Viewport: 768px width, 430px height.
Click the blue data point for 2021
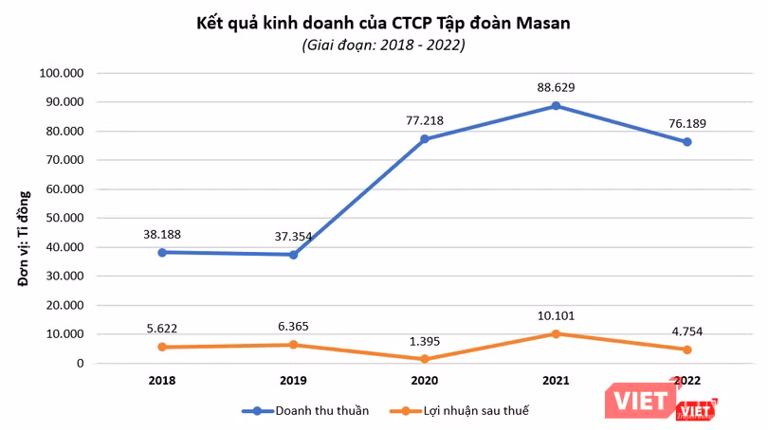coord(556,106)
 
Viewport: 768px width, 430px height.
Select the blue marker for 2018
coord(162,252)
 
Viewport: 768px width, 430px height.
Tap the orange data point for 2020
coord(425,359)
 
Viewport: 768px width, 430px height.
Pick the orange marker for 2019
coord(294,345)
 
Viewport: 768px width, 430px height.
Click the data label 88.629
coord(557,87)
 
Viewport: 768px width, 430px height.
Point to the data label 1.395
coord(425,340)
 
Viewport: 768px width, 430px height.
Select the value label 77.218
coord(425,120)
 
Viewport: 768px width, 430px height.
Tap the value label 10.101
coord(556,315)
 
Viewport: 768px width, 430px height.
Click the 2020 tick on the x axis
coord(425,381)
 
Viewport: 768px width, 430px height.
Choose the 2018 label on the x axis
coord(162,381)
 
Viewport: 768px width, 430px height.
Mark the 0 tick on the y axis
coord(81,364)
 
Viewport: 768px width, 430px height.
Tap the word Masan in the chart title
coord(540,23)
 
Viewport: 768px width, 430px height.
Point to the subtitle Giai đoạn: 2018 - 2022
coord(384,45)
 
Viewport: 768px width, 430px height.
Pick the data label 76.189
coord(686,123)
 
